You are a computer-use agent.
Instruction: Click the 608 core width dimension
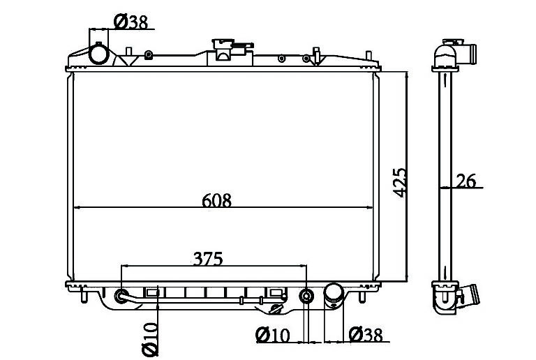pyautogui.click(x=217, y=200)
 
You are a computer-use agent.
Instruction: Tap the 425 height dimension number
pyautogui.click(x=399, y=182)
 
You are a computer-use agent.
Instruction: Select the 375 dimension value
pyautogui.click(x=208, y=259)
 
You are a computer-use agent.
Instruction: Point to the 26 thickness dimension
pyautogui.click(x=466, y=181)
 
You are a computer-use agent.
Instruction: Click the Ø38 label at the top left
pyautogui.click(x=131, y=22)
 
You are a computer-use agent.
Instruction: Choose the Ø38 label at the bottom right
pyautogui.click(x=366, y=335)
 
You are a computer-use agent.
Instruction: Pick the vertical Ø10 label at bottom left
pyautogui.click(x=150, y=340)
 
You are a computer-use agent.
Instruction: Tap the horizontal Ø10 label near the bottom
pyautogui.click(x=272, y=335)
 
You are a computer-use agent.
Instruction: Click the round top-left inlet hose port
pyautogui.click(x=99, y=54)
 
